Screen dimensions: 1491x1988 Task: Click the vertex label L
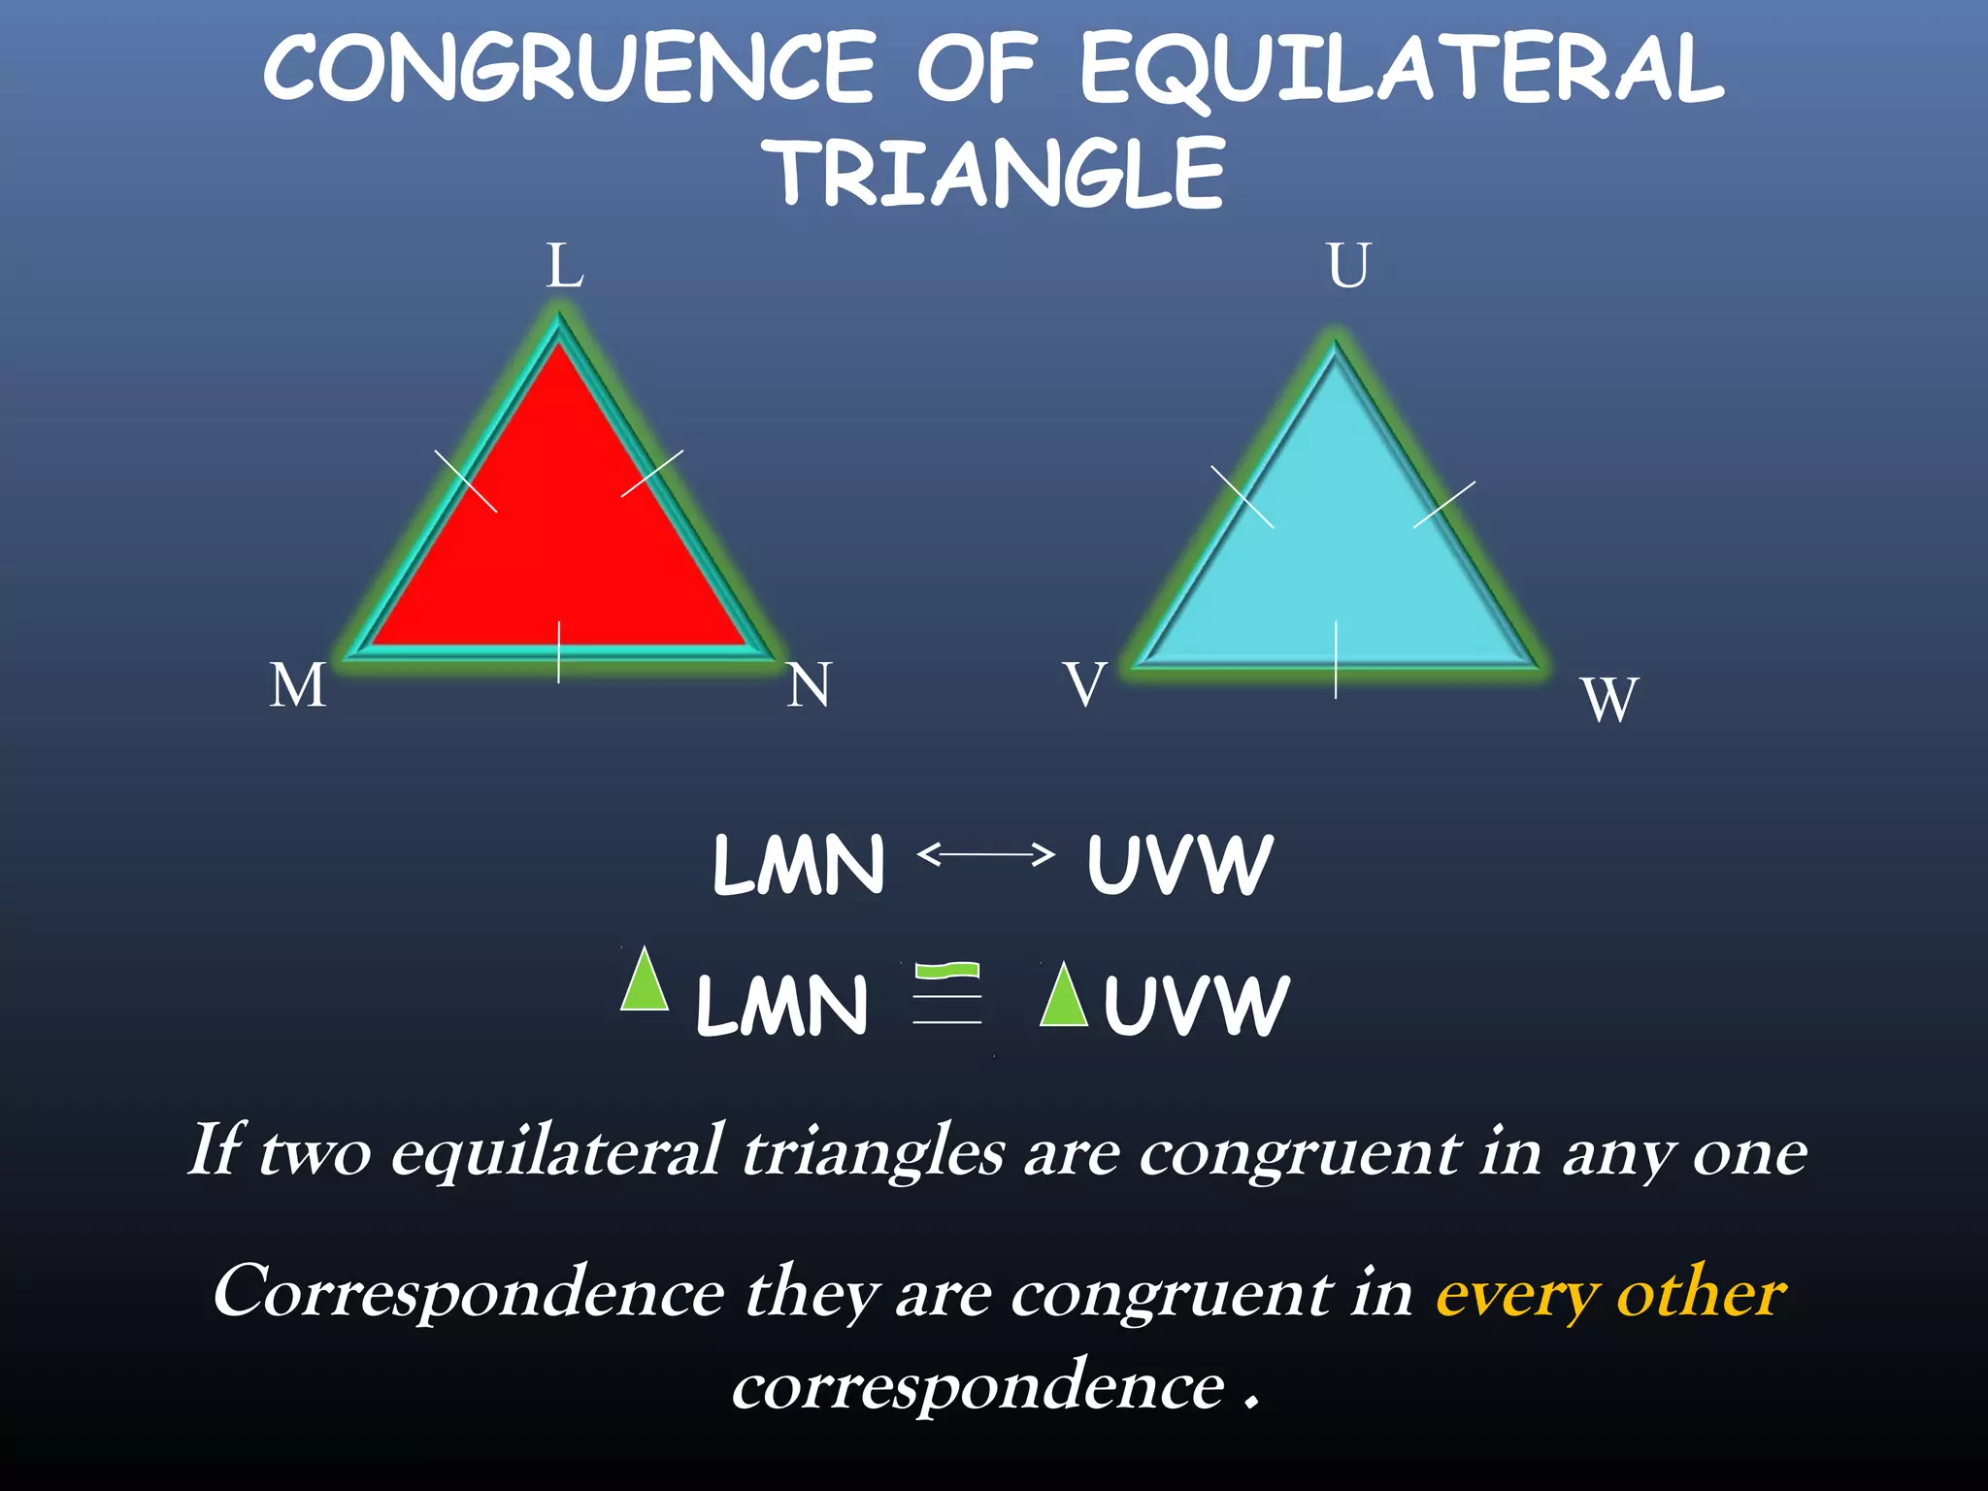(565, 265)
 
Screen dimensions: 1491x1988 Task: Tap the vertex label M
(298, 685)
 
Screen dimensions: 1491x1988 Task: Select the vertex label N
(810, 685)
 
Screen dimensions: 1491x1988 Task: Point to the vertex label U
(1348, 265)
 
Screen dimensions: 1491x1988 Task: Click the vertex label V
(1084, 684)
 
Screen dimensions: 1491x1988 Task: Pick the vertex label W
(1609, 699)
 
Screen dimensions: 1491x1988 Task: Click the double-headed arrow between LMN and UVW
(985, 855)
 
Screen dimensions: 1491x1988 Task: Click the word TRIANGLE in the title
(998, 175)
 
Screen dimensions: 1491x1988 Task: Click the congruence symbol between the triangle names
(947, 994)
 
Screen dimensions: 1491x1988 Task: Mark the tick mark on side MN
(559, 651)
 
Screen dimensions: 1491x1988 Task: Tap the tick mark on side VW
(1337, 659)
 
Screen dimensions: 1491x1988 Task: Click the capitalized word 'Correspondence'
(469, 1294)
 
